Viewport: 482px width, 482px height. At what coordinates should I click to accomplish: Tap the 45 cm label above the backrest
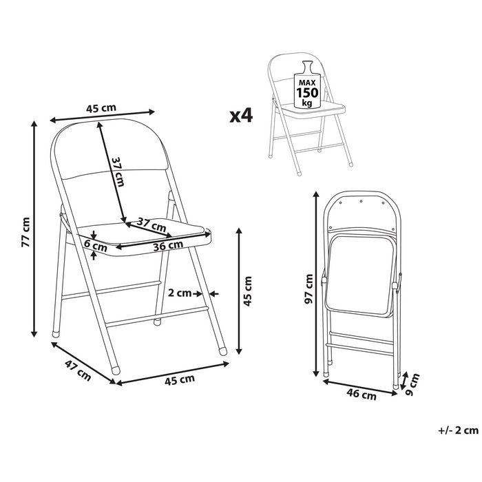click(x=101, y=108)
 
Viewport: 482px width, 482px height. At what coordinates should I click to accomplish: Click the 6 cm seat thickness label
click(x=96, y=244)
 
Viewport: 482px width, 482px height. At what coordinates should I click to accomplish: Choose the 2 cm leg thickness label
click(x=180, y=292)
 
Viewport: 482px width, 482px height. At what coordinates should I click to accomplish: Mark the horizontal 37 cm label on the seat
click(x=151, y=224)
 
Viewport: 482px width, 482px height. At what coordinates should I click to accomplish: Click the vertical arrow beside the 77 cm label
click(x=34, y=229)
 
